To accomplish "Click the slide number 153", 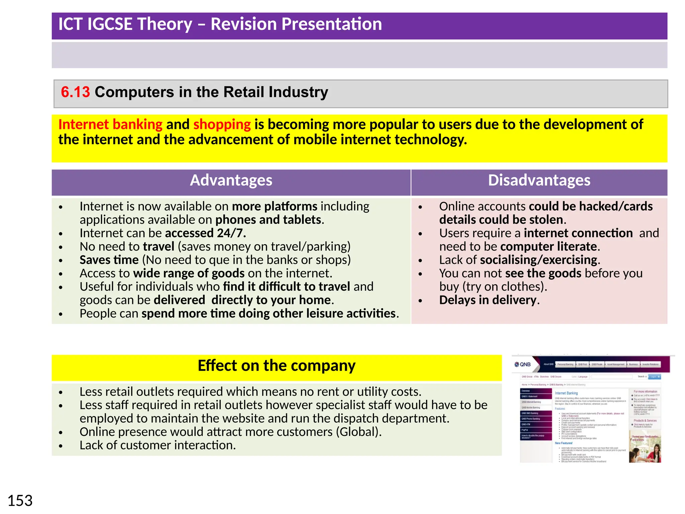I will pyautogui.click(x=20, y=501).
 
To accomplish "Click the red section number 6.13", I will pyautogui.click(x=75, y=92).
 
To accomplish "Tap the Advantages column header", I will pyautogui.click(x=231, y=180).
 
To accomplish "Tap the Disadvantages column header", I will pyautogui.click(x=539, y=180).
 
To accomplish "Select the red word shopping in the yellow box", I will pyautogui.click(x=222, y=124).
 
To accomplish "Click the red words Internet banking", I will pyautogui.click(x=110, y=124).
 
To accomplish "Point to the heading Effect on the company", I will pyautogui.click(x=276, y=365).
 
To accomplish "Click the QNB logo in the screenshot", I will pyautogui.click(x=523, y=364).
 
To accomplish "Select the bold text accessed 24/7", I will pyautogui.click(x=205, y=233).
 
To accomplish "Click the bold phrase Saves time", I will pyautogui.click(x=109, y=260).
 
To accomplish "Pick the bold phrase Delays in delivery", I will pyautogui.click(x=488, y=300).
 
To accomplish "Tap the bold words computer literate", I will pyautogui.click(x=549, y=247).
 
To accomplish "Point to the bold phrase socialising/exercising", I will pyautogui.click(x=539, y=260).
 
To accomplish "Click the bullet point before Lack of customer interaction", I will pyautogui.click(x=61, y=446).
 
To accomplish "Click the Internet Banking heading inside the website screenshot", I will pyautogui.click(x=566, y=393).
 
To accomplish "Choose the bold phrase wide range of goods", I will pyautogui.click(x=189, y=273).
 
